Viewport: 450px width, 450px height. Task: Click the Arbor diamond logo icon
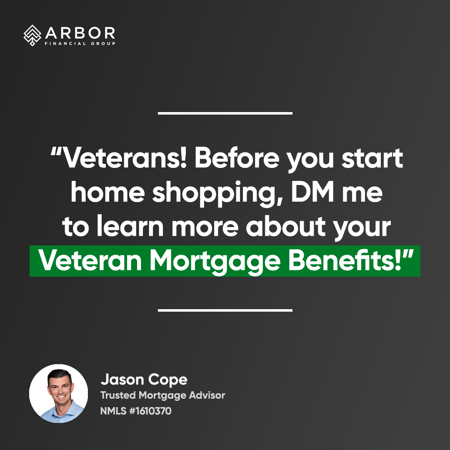pos(32,35)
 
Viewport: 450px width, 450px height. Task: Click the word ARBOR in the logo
pos(80,33)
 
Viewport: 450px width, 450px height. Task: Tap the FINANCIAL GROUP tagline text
pos(80,44)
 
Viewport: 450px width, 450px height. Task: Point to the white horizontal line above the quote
pos(225,113)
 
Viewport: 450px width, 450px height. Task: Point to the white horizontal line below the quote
pos(225,310)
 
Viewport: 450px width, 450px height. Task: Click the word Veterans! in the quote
pos(122,158)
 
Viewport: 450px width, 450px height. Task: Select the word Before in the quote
pos(237,158)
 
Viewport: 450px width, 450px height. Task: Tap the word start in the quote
pos(372,159)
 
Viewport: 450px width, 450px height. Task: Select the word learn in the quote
pos(130,226)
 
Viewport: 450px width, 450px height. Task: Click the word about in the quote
pos(286,226)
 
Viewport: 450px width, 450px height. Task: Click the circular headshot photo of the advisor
pos(59,393)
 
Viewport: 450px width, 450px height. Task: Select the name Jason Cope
pos(144,380)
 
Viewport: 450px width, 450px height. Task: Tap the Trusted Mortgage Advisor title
pos(162,395)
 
